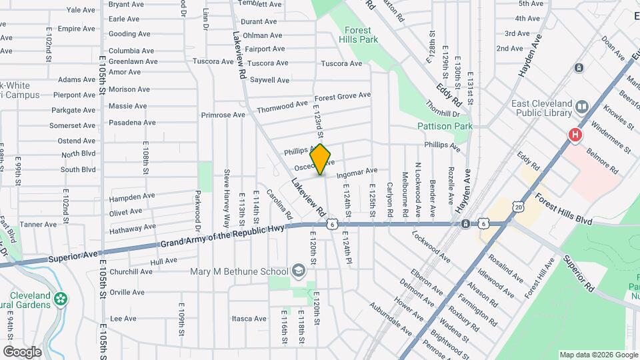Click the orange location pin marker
pyautogui.click(x=321, y=159)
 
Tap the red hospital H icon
pyautogui.click(x=575, y=135)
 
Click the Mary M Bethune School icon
pyautogui.click(x=298, y=271)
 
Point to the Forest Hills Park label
pyautogui.click(x=361, y=35)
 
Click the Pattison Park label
pyautogui.click(x=445, y=126)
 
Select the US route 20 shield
pyautogui.click(x=519, y=207)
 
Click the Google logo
pyautogui.click(x=22, y=351)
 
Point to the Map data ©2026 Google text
pyautogui.click(x=598, y=355)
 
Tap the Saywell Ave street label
pyautogui.click(x=269, y=80)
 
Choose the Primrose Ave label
pyautogui.click(x=223, y=115)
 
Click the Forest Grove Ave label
pyautogui.click(x=343, y=96)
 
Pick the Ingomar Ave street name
pyautogui.click(x=357, y=173)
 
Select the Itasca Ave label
pyautogui.click(x=249, y=319)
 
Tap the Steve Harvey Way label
pyautogui.click(x=227, y=197)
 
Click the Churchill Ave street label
pyautogui.click(x=131, y=271)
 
